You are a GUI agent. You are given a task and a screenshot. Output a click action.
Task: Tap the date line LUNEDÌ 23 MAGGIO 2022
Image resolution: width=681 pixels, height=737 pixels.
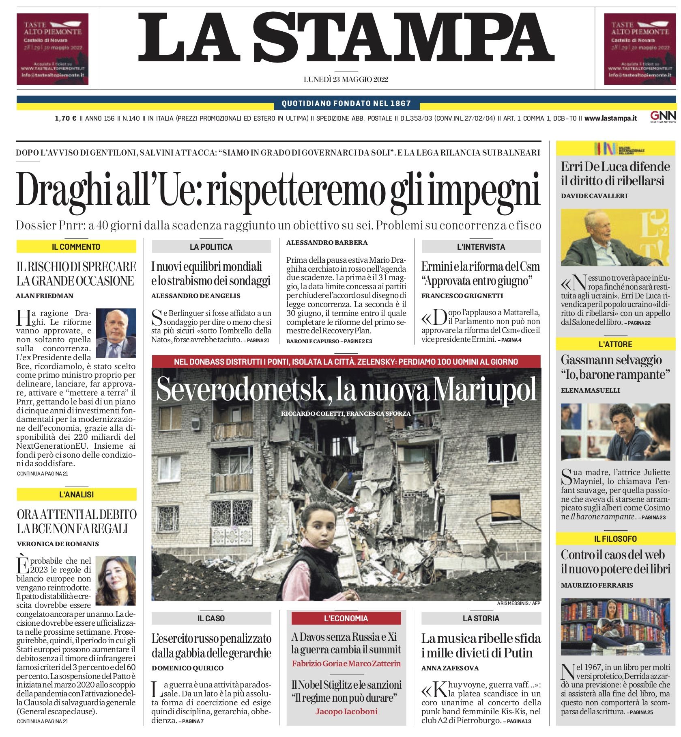tap(346, 80)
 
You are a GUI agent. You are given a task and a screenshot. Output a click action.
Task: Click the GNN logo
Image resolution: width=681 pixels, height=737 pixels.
tap(663, 116)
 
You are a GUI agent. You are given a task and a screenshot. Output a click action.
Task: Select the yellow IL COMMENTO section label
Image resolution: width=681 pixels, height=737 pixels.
tap(76, 246)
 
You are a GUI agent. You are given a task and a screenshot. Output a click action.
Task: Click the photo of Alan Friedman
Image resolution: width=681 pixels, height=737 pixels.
tap(116, 333)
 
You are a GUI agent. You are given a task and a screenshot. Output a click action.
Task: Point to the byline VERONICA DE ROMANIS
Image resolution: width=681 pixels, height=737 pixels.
tap(58, 544)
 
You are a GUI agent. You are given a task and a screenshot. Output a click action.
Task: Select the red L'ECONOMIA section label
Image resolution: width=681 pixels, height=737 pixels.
tap(346, 618)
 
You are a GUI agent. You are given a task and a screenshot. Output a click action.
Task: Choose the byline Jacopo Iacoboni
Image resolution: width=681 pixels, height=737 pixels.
tap(346, 711)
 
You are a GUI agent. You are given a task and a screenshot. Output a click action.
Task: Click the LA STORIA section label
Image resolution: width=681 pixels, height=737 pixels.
tap(481, 618)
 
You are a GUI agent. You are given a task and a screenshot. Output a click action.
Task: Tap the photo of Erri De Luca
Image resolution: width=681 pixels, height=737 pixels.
tap(615, 238)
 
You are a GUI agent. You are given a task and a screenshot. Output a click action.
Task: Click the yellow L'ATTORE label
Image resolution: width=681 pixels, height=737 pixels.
tap(615, 344)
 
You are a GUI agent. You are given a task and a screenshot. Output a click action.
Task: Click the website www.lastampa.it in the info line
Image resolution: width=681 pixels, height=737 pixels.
tap(610, 119)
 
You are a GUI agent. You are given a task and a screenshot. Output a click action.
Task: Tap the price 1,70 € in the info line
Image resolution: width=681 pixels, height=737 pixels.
tap(66, 119)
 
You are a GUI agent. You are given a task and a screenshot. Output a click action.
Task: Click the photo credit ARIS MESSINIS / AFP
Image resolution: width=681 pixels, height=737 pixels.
tap(518, 603)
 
